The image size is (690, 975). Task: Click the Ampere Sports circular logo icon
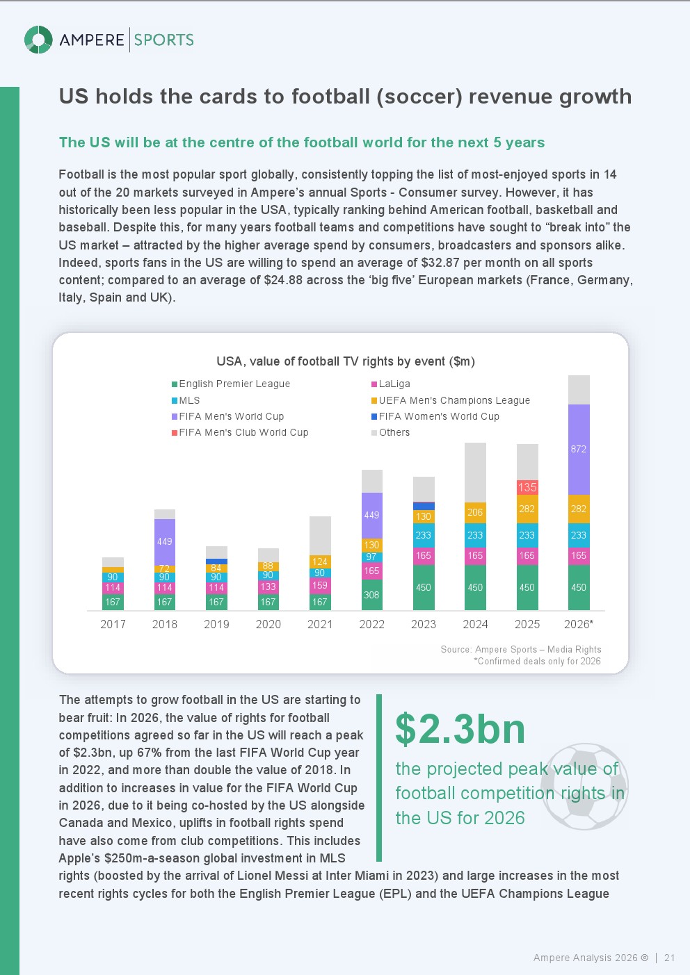[x=38, y=40]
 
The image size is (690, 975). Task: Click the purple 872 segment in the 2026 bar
[x=579, y=450]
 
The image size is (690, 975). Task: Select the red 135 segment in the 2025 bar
[x=527, y=487]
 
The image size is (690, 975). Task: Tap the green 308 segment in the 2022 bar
[x=371, y=595]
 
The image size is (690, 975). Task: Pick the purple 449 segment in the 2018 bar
[x=164, y=541]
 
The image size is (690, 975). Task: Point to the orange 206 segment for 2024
[x=475, y=512]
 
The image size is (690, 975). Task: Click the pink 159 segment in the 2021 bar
[x=320, y=585]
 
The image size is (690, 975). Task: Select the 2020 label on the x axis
[x=268, y=624]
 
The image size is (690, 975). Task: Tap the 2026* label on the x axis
[x=579, y=624]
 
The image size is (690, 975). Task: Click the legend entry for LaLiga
[x=394, y=384]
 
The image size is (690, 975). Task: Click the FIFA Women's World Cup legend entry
[x=438, y=416]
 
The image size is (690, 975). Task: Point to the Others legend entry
[x=394, y=432]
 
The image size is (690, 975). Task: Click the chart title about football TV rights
[x=346, y=361]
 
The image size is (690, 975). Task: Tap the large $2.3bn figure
[x=460, y=729]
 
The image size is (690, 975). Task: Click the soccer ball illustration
[x=584, y=787]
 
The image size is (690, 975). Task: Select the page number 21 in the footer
[x=669, y=958]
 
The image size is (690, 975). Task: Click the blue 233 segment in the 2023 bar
[x=424, y=535]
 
